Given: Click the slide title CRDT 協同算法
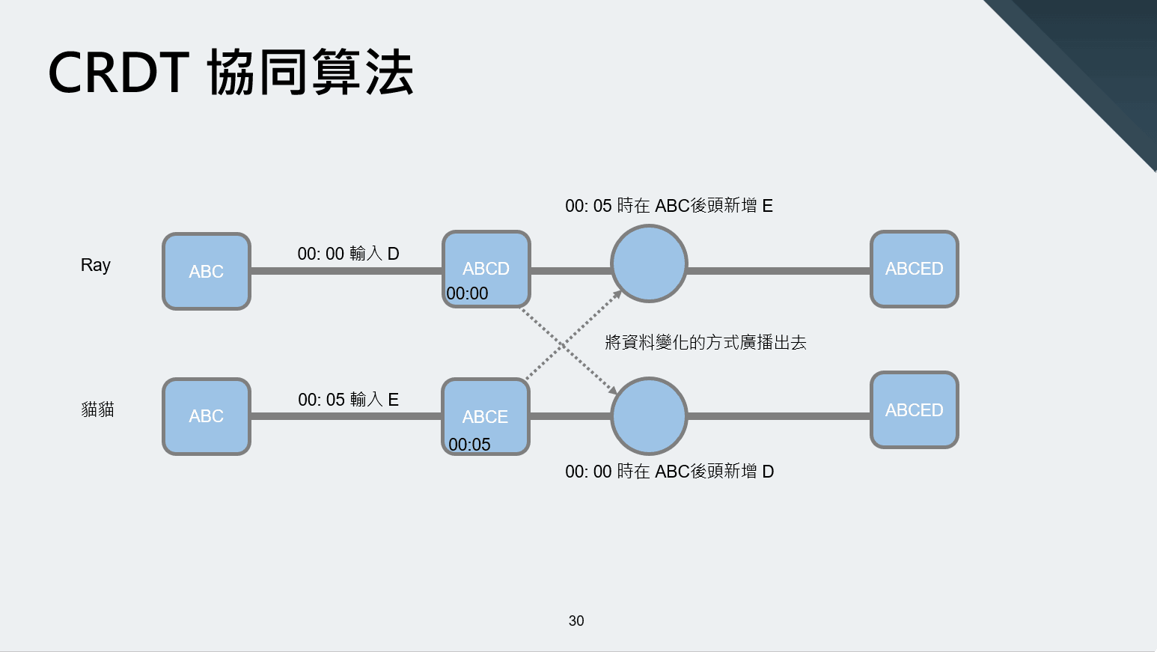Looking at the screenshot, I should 231,73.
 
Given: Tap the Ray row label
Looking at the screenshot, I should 96,265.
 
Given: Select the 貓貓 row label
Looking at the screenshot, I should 97,409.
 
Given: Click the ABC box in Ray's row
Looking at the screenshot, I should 207,271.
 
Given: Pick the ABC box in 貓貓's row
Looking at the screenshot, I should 207,416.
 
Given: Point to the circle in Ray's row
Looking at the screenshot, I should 649,263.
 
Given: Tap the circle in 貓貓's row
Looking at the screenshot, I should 649,416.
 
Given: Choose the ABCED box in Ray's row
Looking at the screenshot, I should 915,269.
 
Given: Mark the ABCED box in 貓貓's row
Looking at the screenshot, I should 915,410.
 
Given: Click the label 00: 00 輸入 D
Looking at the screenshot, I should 348,254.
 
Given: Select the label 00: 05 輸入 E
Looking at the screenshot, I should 348,400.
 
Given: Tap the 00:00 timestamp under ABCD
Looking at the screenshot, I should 467,293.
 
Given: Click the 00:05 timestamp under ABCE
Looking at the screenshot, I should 469,445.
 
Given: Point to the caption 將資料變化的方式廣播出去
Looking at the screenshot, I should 706,343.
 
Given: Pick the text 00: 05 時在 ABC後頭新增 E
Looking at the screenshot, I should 669,206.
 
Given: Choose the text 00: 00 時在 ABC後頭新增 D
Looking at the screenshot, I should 669,472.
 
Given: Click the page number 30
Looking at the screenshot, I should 576,621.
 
